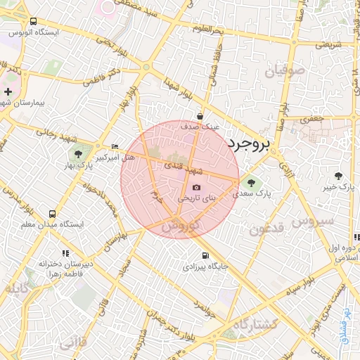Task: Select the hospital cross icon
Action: coord(8,91)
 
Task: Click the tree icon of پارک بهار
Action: coord(78,154)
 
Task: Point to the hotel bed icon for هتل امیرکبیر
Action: coord(115,146)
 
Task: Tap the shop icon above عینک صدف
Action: coord(201,117)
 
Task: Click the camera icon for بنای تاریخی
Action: coord(196,187)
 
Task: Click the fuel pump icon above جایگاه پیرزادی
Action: coord(205,256)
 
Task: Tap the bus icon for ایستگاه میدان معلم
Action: coord(52,214)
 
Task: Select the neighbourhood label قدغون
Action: coord(266,229)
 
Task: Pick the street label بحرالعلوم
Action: coord(208,28)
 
